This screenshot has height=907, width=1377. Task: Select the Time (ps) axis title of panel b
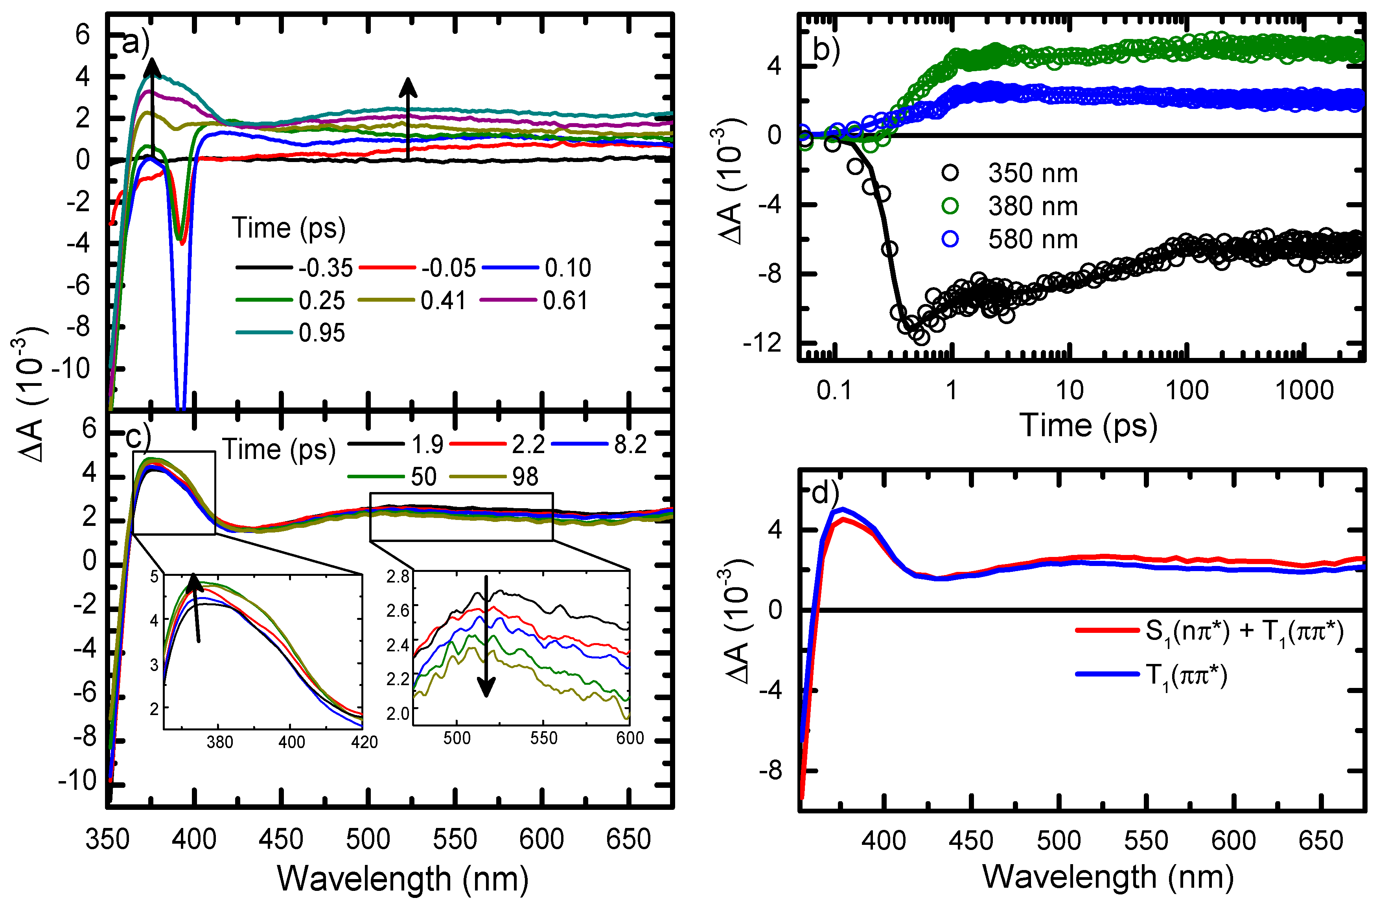[1088, 426]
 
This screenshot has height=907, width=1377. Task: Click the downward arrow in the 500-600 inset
[486, 637]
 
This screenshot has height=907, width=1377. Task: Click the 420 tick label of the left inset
[364, 743]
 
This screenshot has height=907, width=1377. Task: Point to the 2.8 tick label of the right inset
[398, 577]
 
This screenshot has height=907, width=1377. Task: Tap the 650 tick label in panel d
[1320, 841]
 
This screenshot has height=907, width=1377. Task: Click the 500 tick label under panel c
[368, 839]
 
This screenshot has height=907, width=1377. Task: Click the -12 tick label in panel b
[762, 345]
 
